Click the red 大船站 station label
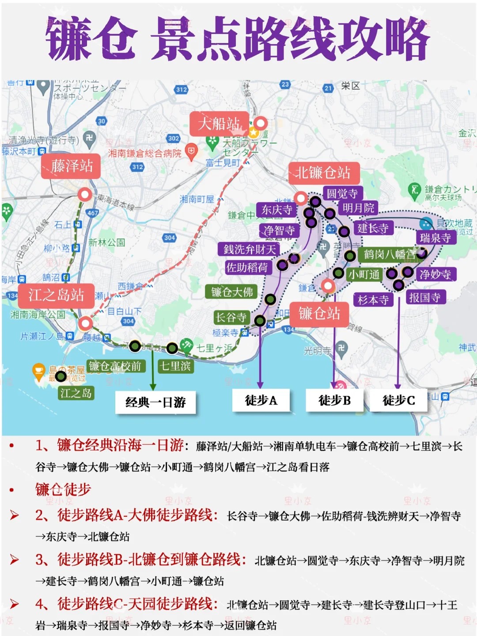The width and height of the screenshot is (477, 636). pyautogui.click(x=219, y=124)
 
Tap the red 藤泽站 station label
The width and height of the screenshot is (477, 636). pyautogui.click(x=71, y=166)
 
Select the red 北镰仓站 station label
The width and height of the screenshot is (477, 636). pyautogui.click(x=324, y=173)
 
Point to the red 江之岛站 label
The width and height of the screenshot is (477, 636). pyautogui.click(x=56, y=295)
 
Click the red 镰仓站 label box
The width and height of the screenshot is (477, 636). pyautogui.click(x=319, y=314)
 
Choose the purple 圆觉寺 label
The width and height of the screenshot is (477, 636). pyautogui.click(x=342, y=193)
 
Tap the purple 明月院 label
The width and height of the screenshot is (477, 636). pyautogui.click(x=358, y=208)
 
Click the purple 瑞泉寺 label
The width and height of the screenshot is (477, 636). pyautogui.click(x=435, y=238)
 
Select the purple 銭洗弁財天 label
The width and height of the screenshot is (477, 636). pyautogui.click(x=250, y=249)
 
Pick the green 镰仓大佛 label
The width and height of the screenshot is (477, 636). pyautogui.click(x=231, y=292)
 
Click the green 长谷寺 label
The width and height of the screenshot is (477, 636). pyautogui.click(x=231, y=317)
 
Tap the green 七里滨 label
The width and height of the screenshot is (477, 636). pyautogui.click(x=175, y=366)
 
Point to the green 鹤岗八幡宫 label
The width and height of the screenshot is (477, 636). pyautogui.click(x=389, y=254)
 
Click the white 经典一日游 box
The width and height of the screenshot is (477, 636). pyautogui.click(x=155, y=402)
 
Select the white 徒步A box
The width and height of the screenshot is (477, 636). pyautogui.click(x=261, y=401)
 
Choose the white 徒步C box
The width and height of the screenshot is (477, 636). pyautogui.click(x=398, y=401)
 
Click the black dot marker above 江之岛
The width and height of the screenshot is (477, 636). pyautogui.click(x=61, y=376)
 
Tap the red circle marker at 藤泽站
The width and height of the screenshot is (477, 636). pyautogui.click(x=84, y=194)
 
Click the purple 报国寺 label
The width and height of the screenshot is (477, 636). pyautogui.click(x=425, y=298)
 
